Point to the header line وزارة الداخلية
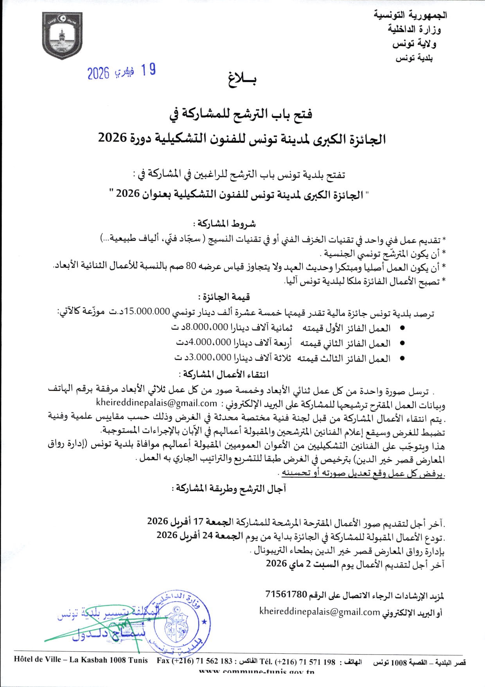415,29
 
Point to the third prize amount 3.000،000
209,358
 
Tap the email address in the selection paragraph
156,403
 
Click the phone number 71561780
285,594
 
